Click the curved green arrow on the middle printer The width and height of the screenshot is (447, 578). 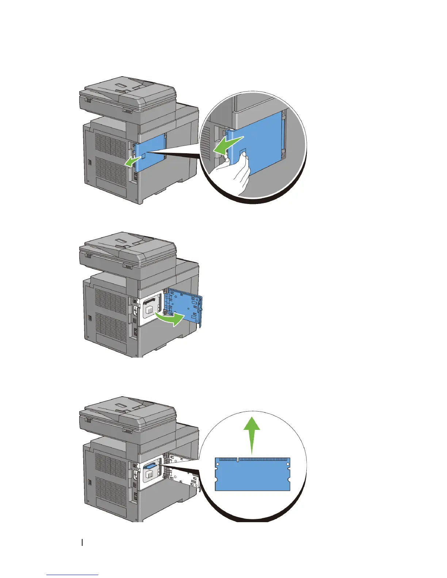click(x=169, y=319)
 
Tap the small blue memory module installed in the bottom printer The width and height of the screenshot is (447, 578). click(x=151, y=466)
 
